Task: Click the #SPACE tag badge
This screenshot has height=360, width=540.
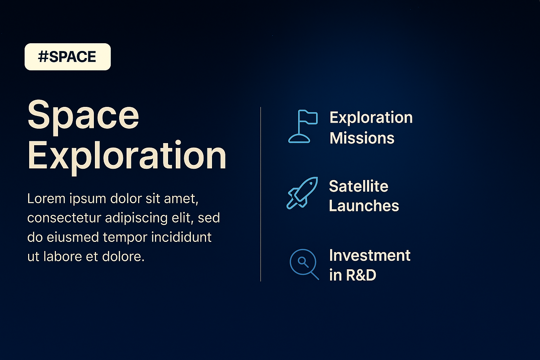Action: click(x=67, y=57)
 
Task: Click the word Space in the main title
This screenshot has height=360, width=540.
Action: click(x=83, y=117)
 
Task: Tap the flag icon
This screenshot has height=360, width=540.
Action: click(x=303, y=126)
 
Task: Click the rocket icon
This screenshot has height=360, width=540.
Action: click(x=302, y=193)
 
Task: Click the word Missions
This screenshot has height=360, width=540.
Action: click(x=362, y=138)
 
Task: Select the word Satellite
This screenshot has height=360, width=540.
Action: click(x=359, y=186)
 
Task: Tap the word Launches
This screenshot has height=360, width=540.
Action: click(x=364, y=206)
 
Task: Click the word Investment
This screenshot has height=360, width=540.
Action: click(x=370, y=255)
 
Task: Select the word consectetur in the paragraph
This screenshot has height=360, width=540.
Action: click(x=64, y=218)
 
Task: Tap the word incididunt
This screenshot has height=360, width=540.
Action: click(x=181, y=237)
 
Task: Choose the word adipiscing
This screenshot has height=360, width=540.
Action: click(x=136, y=218)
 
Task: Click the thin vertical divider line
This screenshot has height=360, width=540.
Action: click(x=261, y=194)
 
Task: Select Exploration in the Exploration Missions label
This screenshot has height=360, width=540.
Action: click(x=371, y=118)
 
